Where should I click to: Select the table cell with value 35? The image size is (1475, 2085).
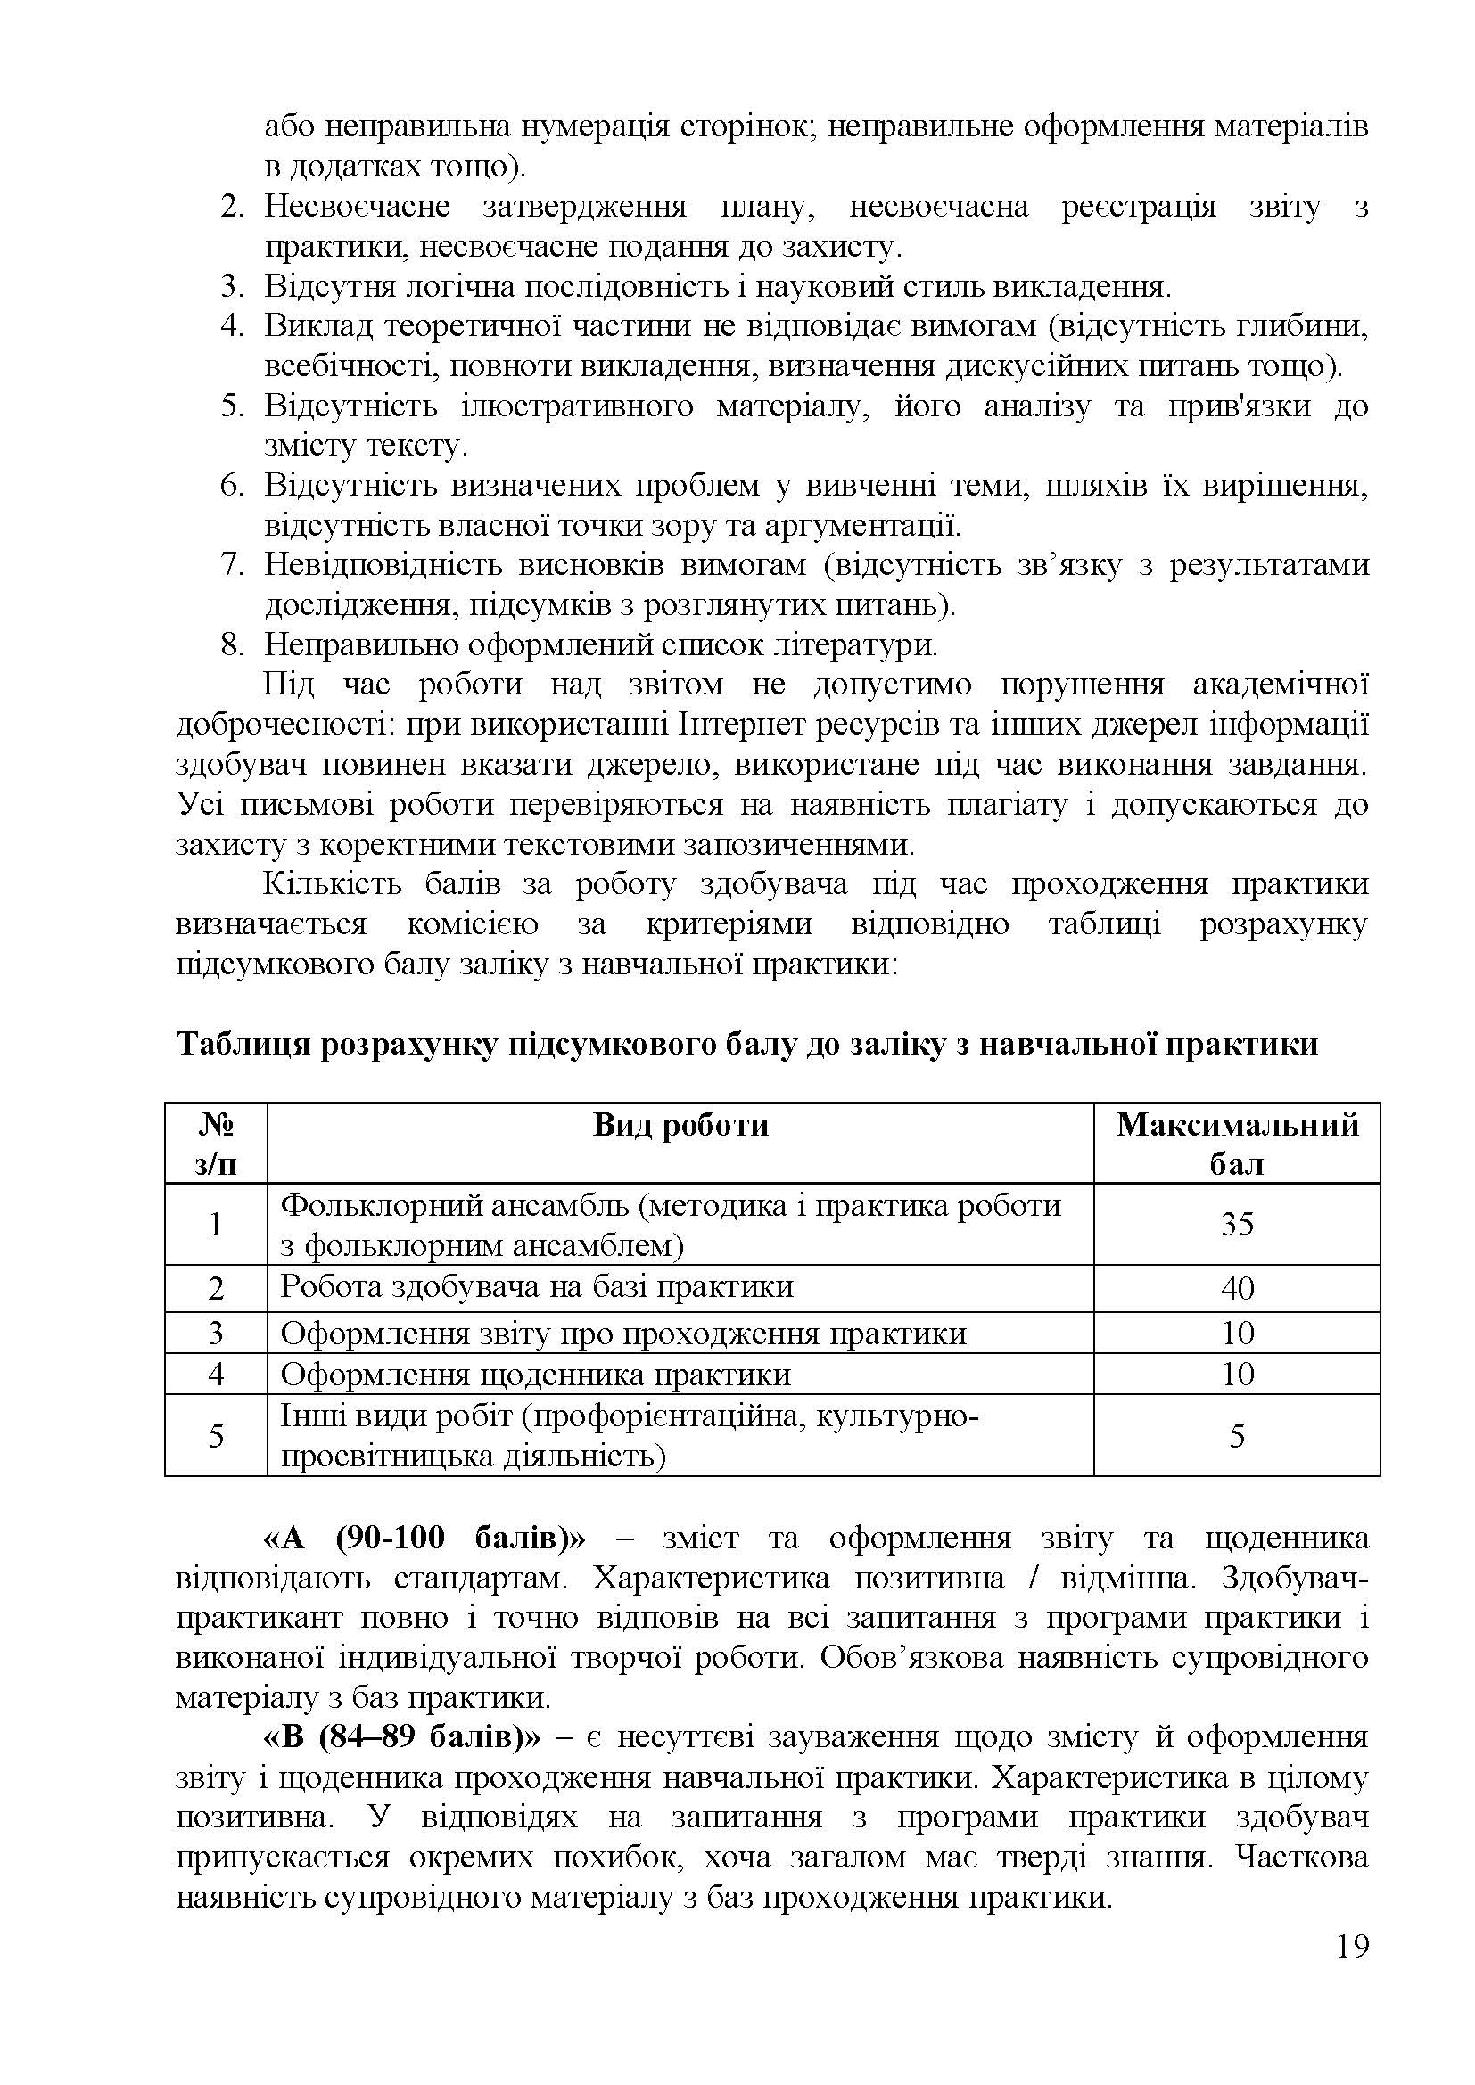[1236, 1223]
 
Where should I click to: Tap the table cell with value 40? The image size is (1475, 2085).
[1236, 1288]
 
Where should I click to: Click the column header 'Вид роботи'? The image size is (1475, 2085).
[680, 1125]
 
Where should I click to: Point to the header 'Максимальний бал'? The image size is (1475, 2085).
[1236, 1144]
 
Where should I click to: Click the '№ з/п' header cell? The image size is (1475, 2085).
[215, 1144]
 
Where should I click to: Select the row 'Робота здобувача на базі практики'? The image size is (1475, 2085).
[537, 1287]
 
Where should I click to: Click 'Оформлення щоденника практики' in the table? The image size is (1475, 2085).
[535, 1374]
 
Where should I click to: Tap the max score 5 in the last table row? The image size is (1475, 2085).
[1236, 1436]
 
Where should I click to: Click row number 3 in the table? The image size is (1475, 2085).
[215, 1332]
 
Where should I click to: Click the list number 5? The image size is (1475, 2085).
[233, 406]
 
